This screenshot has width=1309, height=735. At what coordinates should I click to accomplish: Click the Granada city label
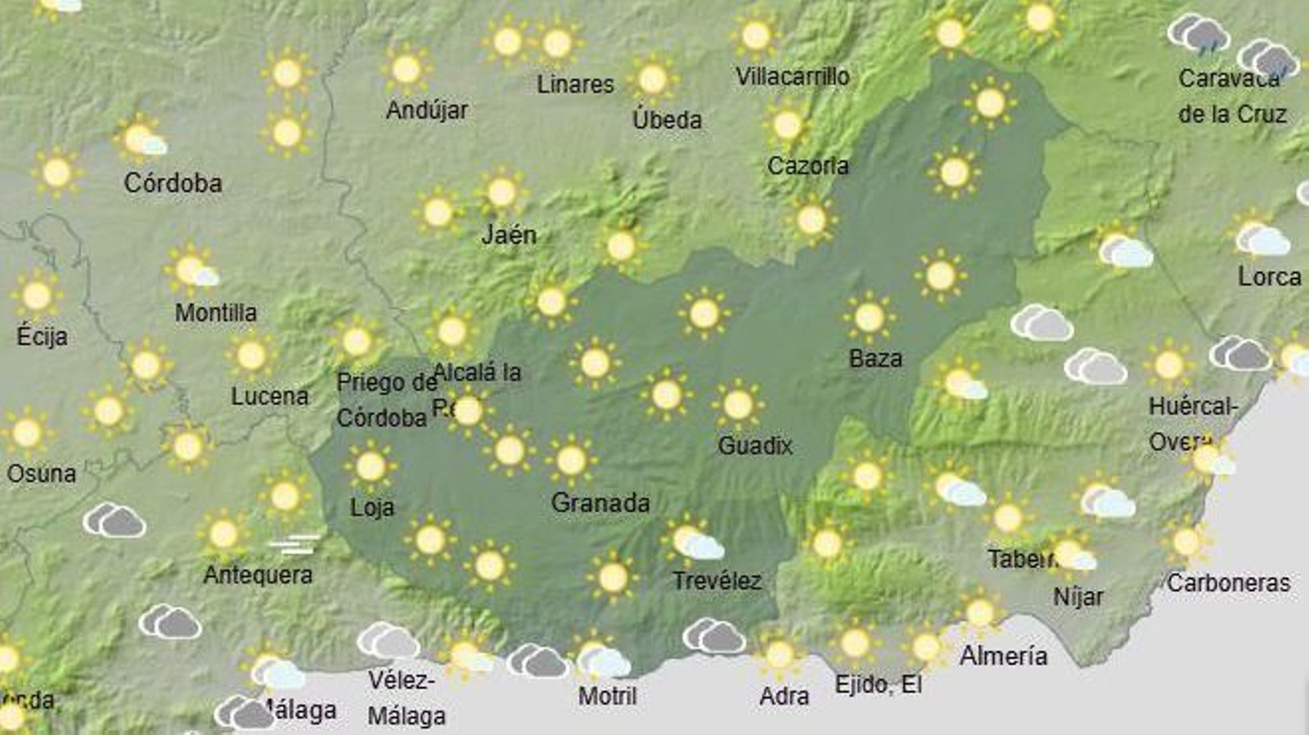[x=600, y=503]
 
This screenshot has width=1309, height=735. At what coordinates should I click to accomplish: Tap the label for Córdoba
[x=173, y=183]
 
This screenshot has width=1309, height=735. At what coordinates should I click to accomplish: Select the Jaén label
[x=509, y=235]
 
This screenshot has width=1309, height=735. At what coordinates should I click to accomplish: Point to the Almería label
[x=1003, y=656]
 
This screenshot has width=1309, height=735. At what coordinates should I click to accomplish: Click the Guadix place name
[x=754, y=445]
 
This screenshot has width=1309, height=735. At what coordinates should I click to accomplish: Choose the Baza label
[x=875, y=358]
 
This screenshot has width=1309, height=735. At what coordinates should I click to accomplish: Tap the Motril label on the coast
[x=607, y=696]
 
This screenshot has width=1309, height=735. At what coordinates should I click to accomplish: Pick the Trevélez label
[x=717, y=581]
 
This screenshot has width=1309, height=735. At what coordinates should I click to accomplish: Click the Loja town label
[x=372, y=507]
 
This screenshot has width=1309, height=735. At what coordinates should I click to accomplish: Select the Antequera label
[x=258, y=575]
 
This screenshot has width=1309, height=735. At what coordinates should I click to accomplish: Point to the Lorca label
[x=1269, y=277]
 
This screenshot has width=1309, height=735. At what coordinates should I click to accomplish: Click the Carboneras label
[x=1228, y=583]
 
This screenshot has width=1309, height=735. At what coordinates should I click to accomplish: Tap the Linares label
[x=575, y=83]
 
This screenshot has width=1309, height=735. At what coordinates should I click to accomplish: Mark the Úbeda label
[x=667, y=119]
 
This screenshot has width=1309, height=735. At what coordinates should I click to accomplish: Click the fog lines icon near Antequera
[x=295, y=544]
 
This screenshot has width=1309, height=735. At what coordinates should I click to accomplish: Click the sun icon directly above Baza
[x=869, y=316]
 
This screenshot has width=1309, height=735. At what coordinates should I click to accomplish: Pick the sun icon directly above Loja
[x=370, y=467]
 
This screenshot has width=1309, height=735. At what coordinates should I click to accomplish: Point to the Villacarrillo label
[x=792, y=77]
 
